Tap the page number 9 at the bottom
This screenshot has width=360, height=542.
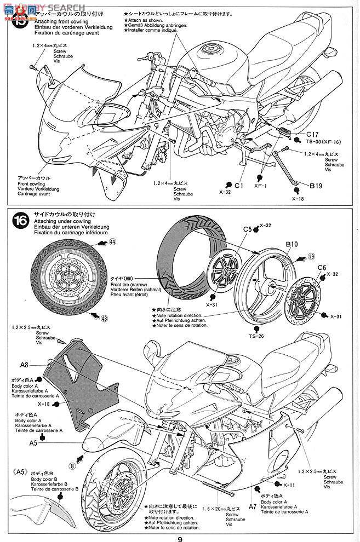[x=180, y=537]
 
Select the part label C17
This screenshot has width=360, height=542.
[x=312, y=133]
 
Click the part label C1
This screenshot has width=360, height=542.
[x=238, y=186]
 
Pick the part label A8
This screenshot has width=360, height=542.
[x=24, y=364]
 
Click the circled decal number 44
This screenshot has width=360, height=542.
[x=112, y=241]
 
